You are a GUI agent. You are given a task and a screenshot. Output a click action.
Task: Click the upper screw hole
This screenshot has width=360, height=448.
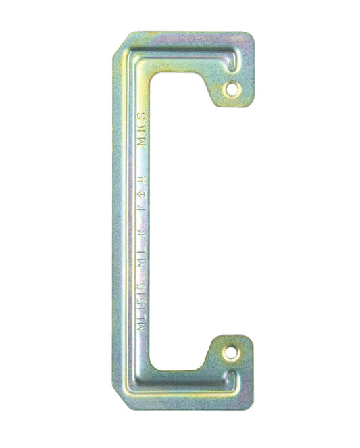(x=232, y=87)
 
